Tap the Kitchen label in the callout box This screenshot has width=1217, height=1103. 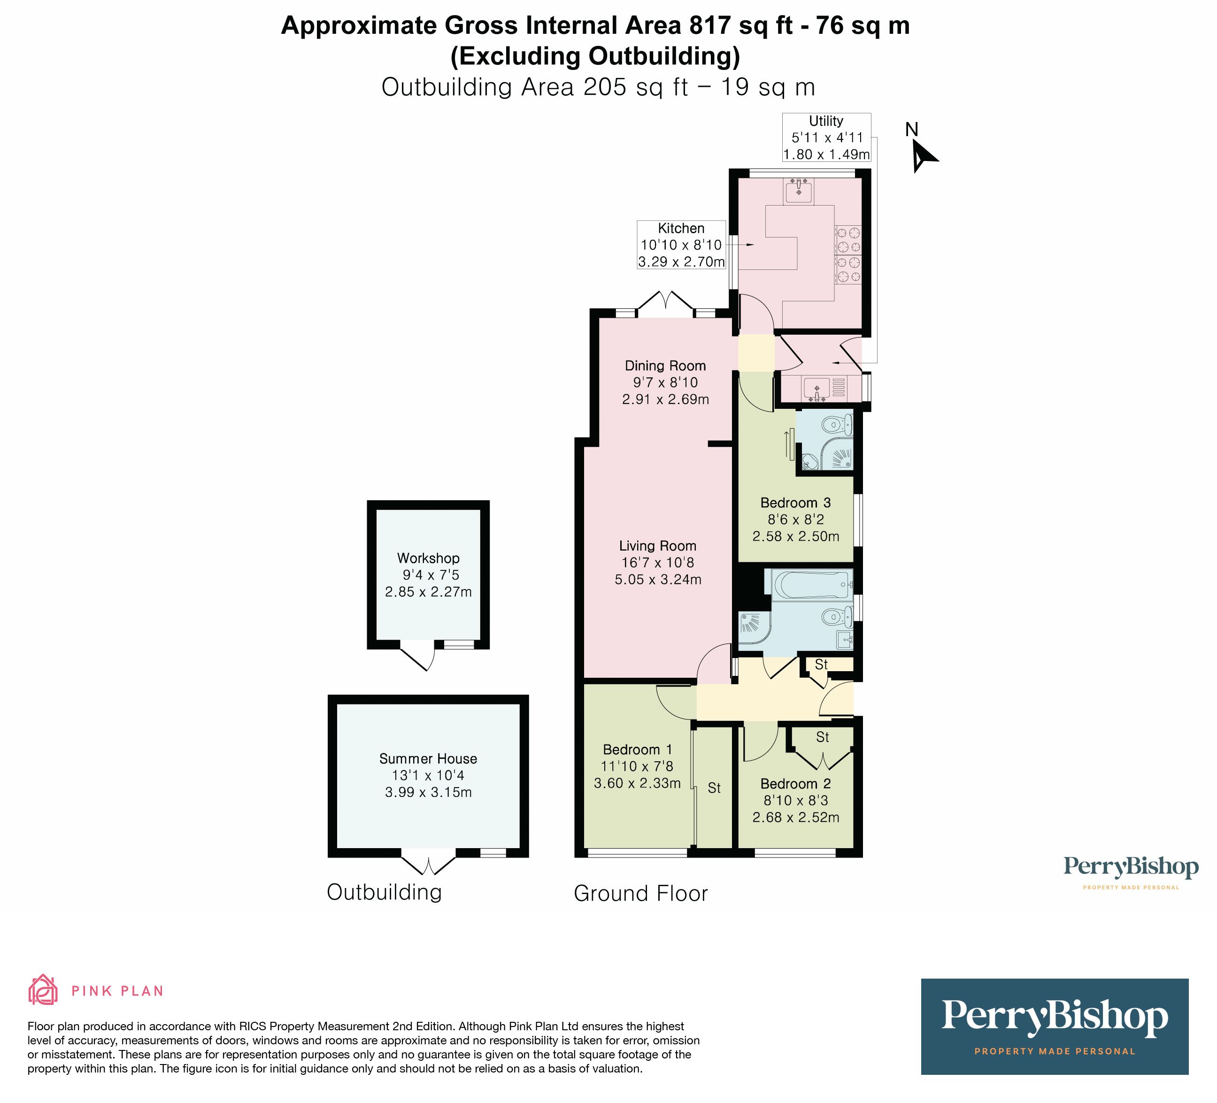pos(681,228)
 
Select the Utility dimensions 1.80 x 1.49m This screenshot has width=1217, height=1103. pos(826,154)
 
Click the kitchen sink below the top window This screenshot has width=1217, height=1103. pos(799,190)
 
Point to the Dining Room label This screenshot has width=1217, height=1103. pos(665,366)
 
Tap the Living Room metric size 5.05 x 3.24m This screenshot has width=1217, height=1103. pos(658,580)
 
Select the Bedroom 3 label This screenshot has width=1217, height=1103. pos(795,503)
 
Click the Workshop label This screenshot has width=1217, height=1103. pos(428,558)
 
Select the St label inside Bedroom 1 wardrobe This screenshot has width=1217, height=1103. pos(714,788)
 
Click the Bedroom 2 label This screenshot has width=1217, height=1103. pos(795,784)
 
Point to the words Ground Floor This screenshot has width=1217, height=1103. pos(640,894)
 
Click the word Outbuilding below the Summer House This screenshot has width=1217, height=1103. pos(384,892)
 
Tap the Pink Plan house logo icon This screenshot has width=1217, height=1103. pos(43,990)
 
